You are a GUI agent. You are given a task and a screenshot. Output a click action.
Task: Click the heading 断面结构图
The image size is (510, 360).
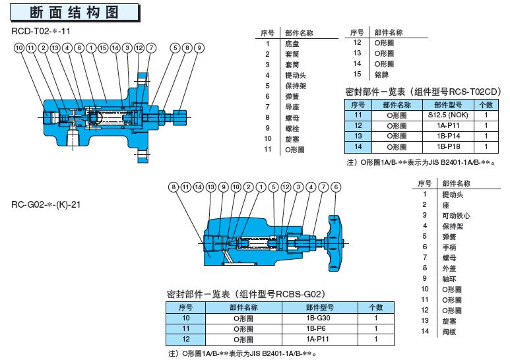74,12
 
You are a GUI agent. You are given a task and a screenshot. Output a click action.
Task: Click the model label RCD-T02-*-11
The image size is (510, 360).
42,31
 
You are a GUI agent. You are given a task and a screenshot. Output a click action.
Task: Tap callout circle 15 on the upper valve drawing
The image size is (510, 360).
102,48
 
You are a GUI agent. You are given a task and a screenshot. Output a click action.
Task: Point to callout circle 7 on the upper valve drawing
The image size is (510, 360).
151,48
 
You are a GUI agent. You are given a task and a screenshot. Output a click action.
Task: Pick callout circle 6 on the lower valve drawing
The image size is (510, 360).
336,187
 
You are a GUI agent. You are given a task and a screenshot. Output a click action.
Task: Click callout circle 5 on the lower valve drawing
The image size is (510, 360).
273,187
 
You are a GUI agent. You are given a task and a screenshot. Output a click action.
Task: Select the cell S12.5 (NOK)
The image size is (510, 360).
448,115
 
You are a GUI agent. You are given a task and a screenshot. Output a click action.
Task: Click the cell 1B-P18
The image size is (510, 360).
448,146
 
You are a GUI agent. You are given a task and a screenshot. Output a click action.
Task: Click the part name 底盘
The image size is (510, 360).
293,44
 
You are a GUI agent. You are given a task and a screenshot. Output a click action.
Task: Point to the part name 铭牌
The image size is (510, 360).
381,75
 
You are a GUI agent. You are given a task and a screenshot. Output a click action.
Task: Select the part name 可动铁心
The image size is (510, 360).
456,216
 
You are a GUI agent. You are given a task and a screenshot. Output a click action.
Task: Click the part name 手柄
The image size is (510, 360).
449,247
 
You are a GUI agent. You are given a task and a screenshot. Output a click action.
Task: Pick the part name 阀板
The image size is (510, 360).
449,331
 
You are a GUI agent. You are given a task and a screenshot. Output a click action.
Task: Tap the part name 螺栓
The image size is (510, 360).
293,128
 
